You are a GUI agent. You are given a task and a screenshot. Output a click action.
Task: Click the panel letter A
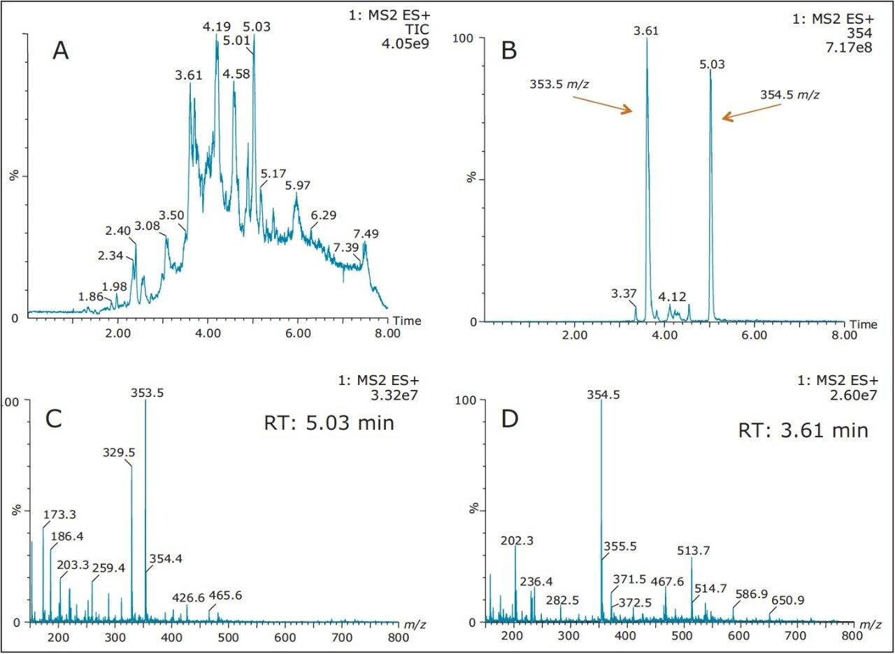61,50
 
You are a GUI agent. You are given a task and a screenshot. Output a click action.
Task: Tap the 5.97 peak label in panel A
298,186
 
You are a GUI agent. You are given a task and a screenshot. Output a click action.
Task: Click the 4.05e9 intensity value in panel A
408,43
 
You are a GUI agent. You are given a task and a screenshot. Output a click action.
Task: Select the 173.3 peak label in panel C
59,516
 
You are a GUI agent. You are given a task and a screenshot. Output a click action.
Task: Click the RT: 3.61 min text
803,430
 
